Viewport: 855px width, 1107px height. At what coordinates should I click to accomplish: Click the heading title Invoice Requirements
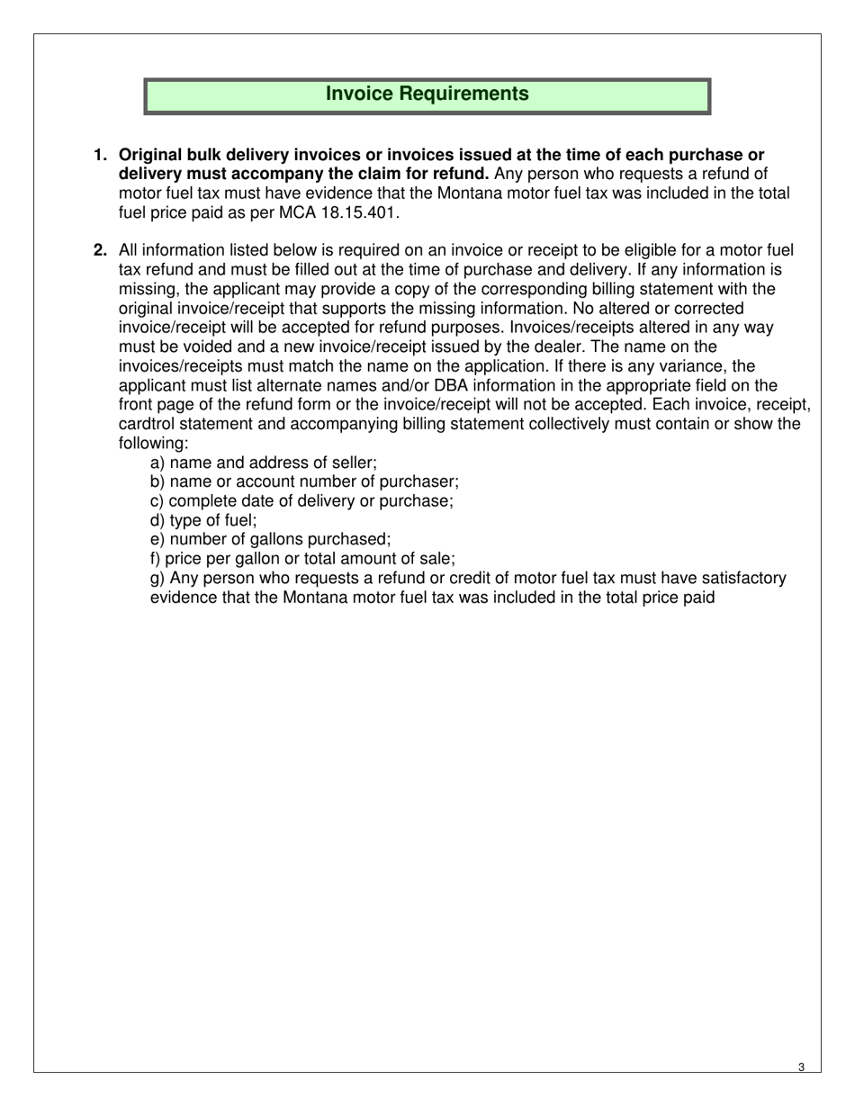pos(427,94)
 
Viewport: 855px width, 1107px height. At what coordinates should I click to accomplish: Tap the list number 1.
pos(101,155)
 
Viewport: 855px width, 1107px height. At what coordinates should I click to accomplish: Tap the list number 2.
pos(101,251)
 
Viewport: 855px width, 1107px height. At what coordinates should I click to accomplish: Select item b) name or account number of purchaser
pos(304,481)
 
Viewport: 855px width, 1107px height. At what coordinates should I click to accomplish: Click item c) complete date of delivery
pos(301,501)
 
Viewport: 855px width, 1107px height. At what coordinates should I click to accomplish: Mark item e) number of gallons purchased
pos(270,539)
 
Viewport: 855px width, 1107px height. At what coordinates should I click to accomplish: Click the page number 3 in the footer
pos(801,1067)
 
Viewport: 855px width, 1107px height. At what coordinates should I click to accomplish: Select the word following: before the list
pos(153,443)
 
